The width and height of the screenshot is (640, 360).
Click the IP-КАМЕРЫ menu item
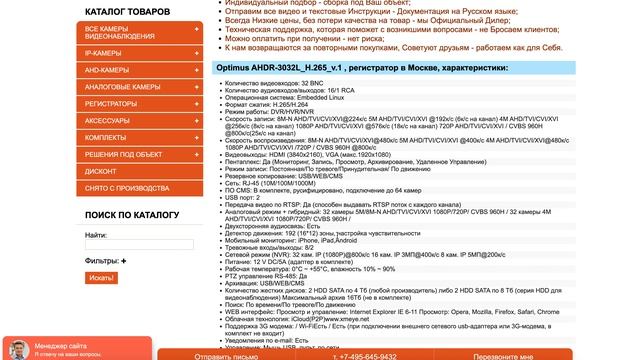coord(111,52)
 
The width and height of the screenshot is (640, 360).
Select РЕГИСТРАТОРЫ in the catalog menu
coord(111,103)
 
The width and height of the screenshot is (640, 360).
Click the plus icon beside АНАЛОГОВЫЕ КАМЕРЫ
coord(196,87)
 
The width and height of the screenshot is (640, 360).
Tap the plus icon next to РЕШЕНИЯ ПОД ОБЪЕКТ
coord(196,154)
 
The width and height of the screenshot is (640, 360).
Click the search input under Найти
coord(126,243)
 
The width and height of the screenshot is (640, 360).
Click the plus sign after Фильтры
coord(125,261)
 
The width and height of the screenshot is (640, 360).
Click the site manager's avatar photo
coord(17,349)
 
